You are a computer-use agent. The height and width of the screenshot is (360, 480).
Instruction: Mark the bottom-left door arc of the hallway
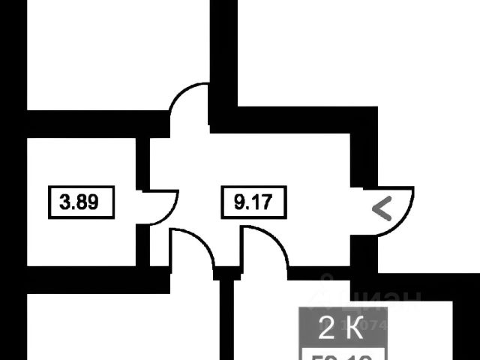193,247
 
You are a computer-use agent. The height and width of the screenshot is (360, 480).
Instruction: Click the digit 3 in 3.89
65,202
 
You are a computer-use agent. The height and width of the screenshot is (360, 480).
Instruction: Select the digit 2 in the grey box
328,328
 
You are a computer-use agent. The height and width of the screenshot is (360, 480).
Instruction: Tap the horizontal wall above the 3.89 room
90,123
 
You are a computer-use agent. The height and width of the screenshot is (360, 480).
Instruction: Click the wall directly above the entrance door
364,150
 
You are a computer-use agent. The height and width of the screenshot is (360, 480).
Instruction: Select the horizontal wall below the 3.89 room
90,278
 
